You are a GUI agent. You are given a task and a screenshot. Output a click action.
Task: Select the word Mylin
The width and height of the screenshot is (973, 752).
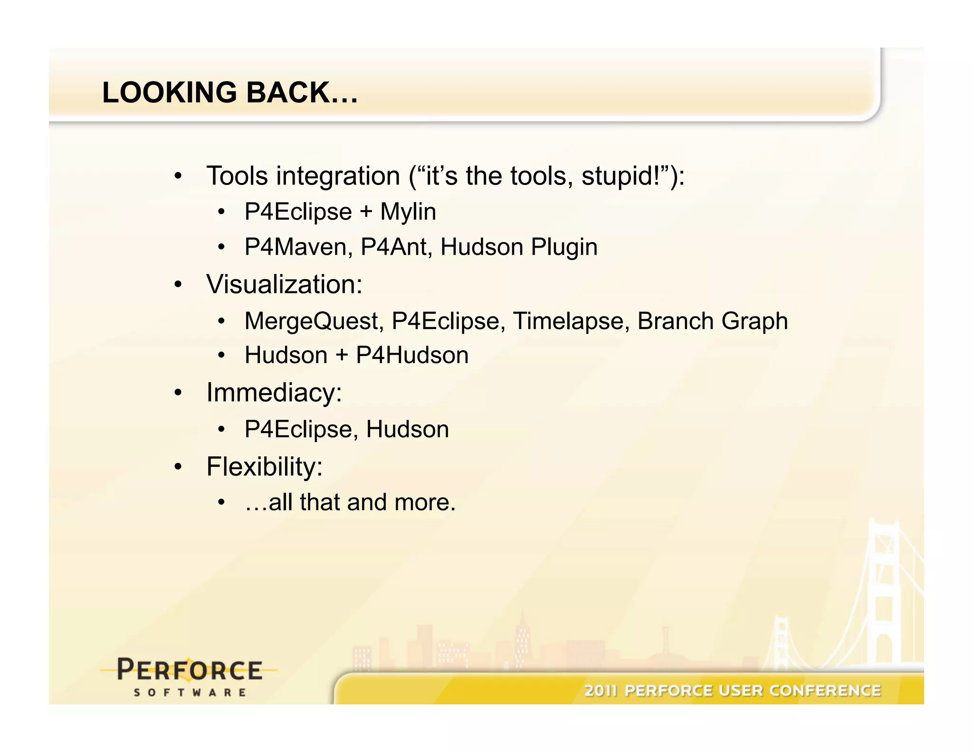pos(408,212)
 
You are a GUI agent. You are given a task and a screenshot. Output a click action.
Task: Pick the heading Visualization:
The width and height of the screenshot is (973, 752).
pos(284,284)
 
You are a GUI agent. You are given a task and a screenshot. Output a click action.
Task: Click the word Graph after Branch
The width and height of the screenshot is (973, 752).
pos(754,321)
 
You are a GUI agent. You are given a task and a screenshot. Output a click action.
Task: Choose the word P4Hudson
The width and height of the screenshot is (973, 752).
pos(412,355)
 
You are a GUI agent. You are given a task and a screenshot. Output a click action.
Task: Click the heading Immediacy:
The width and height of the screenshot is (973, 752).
pos(274,393)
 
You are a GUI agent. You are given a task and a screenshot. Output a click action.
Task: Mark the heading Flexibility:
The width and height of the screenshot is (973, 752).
pos(265,467)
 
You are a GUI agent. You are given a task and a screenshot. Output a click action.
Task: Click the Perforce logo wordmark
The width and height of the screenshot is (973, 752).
pos(189,670)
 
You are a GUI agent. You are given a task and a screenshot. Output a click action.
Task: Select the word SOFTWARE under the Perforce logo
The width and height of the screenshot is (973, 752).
pos(190,693)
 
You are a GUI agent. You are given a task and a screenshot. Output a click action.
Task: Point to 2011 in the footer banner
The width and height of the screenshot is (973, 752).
pos(600,690)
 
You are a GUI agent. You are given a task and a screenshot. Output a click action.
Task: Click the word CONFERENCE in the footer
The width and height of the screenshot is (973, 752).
pos(825,690)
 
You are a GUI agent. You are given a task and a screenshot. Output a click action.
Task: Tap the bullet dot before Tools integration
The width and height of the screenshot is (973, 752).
pos(178,176)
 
